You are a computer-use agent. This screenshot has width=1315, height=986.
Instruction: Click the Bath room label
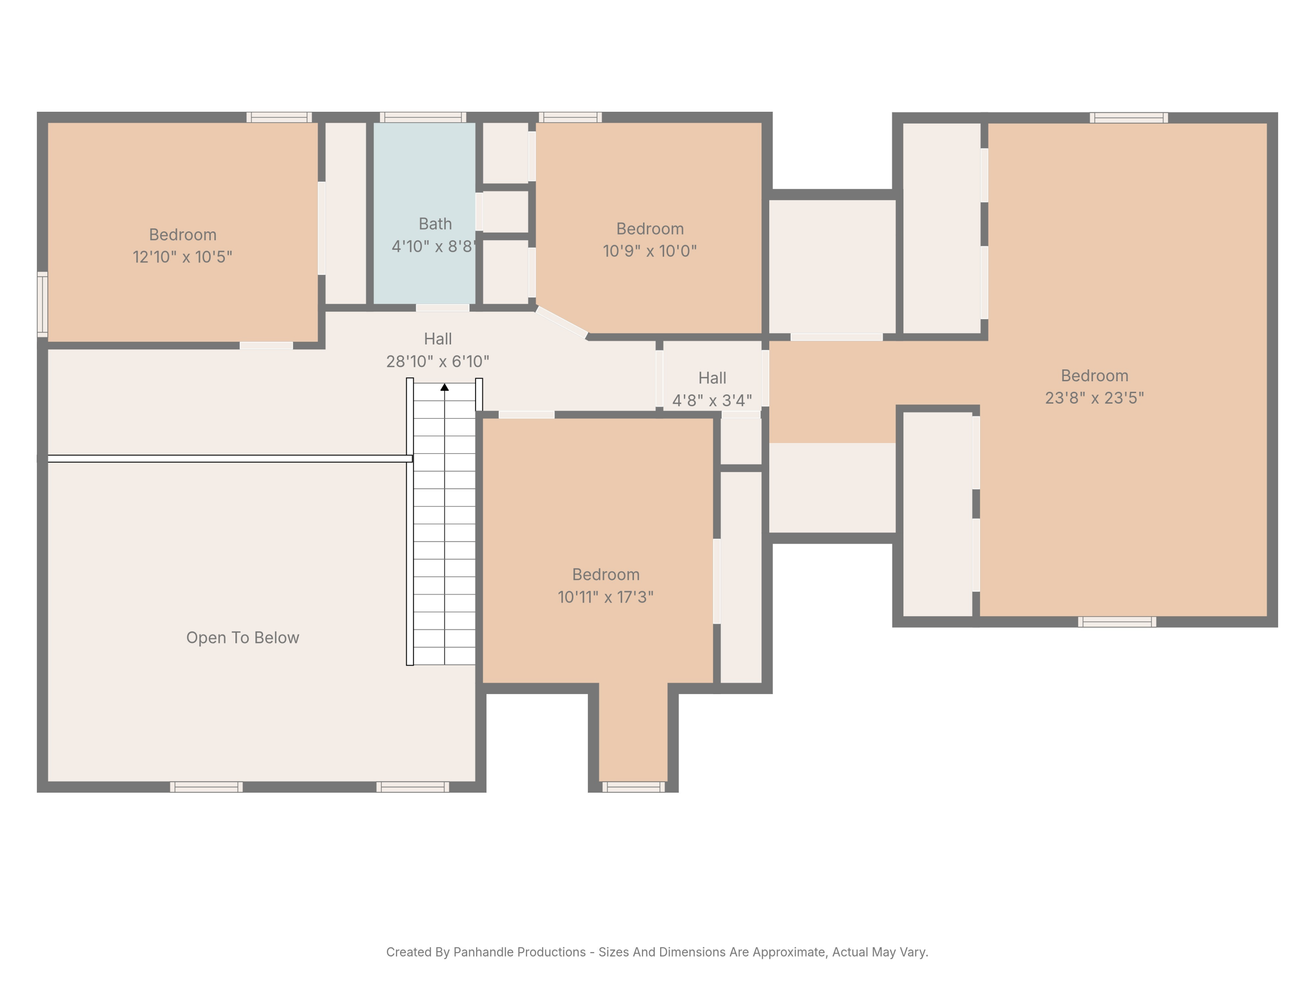(435, 224)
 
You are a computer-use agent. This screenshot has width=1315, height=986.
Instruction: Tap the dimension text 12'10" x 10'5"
(182, 257)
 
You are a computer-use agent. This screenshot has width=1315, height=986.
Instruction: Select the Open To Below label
(242, 638)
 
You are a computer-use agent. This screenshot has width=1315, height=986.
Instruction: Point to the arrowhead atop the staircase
(444, 387)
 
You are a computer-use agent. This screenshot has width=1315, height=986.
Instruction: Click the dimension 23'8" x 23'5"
(1095, 397)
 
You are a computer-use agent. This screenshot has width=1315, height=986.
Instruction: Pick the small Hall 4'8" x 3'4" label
(712, 389)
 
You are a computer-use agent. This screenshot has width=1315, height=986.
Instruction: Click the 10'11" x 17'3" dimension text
(606, 597)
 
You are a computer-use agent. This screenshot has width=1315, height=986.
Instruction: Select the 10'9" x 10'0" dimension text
(650, 251)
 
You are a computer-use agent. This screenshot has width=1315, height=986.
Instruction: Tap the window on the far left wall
(42, 304)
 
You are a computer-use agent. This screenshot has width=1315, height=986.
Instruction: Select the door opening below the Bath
(442, 308)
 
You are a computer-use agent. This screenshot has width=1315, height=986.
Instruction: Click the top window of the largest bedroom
(1128, 118)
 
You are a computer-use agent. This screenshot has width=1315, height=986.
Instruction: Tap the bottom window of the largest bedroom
(1117, 622)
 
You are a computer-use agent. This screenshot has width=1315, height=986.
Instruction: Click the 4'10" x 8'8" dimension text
(434, 246)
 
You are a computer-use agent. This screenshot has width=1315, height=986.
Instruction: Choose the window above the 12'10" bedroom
(279, 117)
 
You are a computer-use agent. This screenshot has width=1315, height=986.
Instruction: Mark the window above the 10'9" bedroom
(570, 117)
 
